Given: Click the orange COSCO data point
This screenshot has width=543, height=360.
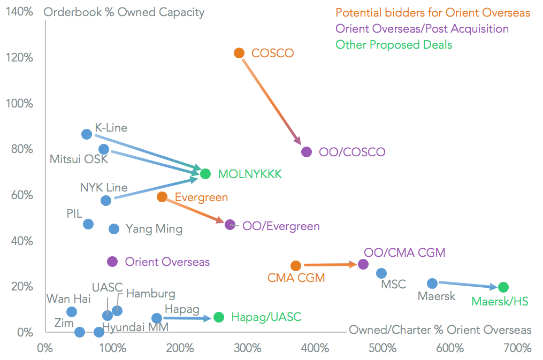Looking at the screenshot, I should (x=239, y=53).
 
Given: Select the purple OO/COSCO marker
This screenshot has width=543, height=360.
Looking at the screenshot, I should (x=307, y=152).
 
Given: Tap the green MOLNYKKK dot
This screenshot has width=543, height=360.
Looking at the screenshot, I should (x=205, y=174).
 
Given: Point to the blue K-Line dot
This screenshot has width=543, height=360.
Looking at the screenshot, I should (x=87, y=134).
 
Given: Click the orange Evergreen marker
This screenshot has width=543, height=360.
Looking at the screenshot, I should (x=162, y=197).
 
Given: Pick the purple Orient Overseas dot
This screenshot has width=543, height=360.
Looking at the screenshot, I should (x=112, y=262).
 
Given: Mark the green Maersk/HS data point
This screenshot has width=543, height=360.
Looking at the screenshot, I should (x=503, y=287).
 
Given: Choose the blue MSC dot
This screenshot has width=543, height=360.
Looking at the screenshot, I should (x=381, y=273).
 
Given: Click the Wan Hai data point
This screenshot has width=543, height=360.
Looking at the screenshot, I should (x=72, y=312).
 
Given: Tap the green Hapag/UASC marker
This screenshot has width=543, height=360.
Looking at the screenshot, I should (x=218, y=317).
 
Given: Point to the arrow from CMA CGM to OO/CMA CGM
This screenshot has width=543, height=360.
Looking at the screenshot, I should (x=330, y=265).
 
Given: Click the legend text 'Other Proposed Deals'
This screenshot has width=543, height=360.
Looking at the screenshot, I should (x=394, y=45).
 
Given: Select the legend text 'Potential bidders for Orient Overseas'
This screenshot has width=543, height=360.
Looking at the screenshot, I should (x=433, y=12).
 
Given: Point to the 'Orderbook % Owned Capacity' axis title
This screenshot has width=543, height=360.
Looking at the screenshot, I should (x=124, y=12).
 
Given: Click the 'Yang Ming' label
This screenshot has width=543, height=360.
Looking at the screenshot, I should (x=154, y=229).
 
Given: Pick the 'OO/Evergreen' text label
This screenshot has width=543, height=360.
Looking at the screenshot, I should (x=281, y=226).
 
